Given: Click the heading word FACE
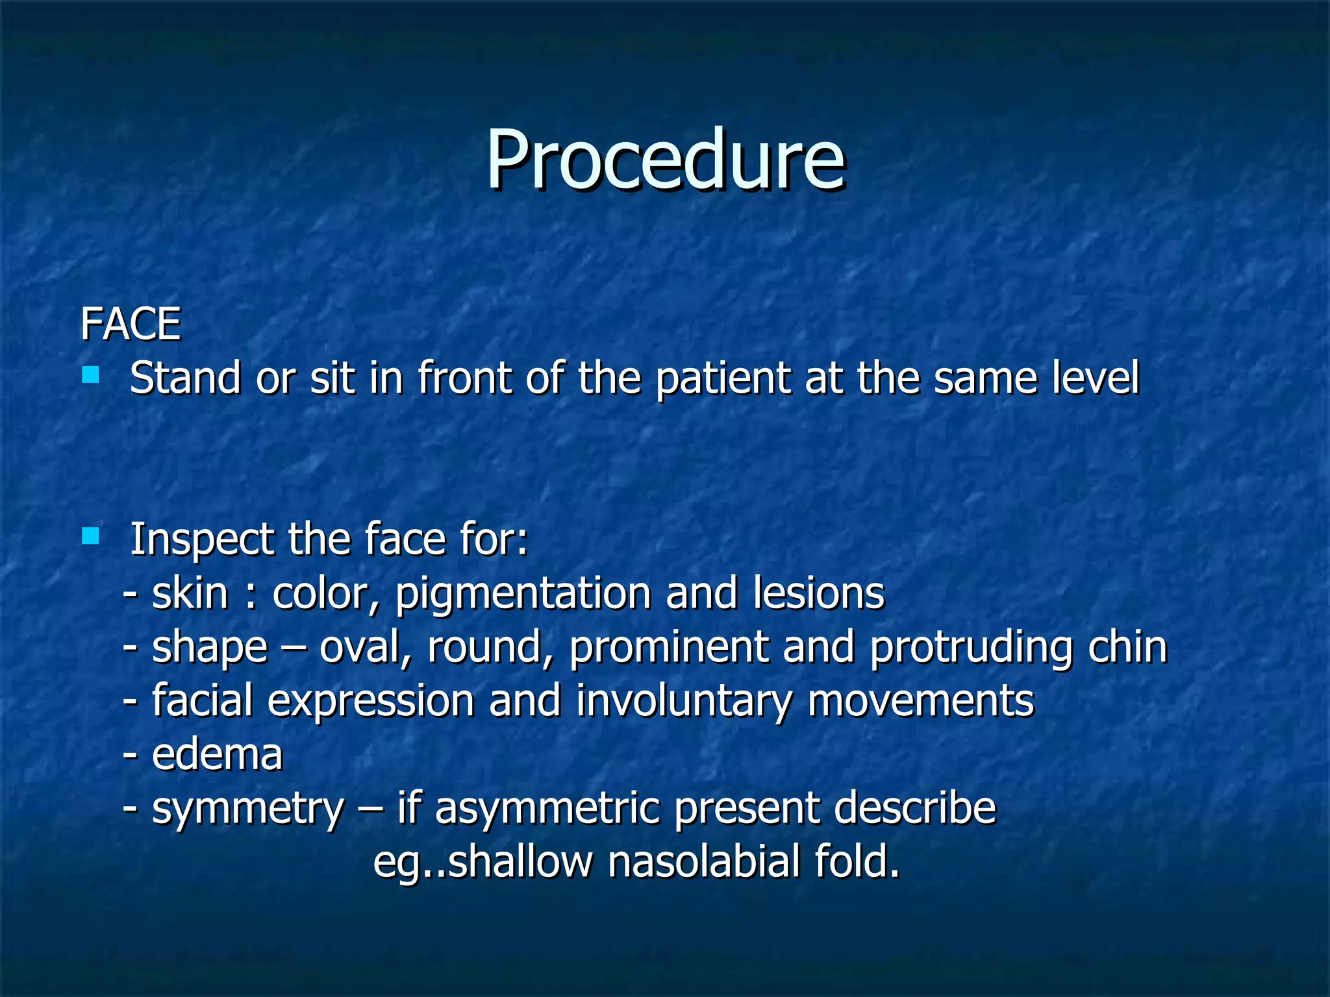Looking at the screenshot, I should [x=130, y=324].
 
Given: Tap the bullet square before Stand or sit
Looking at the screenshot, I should [x=90, y=375].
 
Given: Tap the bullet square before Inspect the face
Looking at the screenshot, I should [x=90, y=535].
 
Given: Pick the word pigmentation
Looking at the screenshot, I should [x=522, y=595].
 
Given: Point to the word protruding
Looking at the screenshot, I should [x=971, y=649].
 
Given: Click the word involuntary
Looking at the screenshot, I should [x=684, y=702].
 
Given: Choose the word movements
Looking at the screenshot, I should [x=920, y=702].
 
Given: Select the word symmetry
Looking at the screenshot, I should [x=247, y=810].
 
